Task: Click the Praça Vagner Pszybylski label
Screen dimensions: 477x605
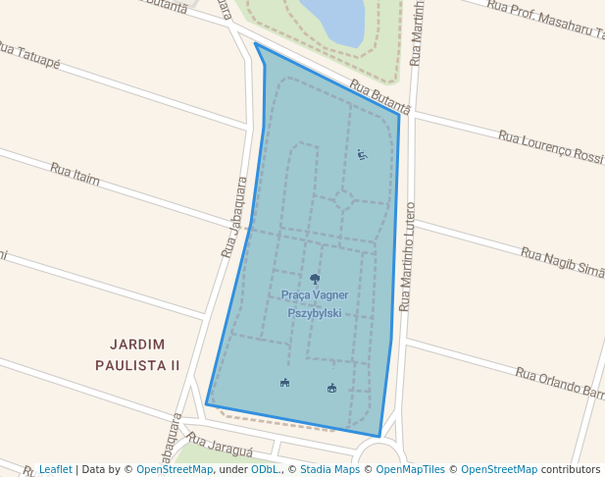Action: (314, 303)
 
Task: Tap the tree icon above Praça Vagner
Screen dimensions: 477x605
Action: (314, 279)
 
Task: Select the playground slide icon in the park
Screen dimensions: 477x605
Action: (362, 154)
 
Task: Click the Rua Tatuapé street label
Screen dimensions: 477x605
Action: (28, 55)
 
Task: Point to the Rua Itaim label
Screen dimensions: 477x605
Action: (75, 175)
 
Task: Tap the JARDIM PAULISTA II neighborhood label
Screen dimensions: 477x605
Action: (137, 354)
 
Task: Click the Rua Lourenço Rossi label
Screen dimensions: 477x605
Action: (550, 146)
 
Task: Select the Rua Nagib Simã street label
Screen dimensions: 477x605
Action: (562, 261)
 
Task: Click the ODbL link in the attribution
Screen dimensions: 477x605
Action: (264, 469)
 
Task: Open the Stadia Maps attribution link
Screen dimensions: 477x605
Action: (330, 469)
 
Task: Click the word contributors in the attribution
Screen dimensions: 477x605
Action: (571, 469)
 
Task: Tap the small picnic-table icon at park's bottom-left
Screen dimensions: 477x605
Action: (284, 383)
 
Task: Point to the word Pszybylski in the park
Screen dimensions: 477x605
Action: (314, 313)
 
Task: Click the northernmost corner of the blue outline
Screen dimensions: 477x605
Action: (255, 43)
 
